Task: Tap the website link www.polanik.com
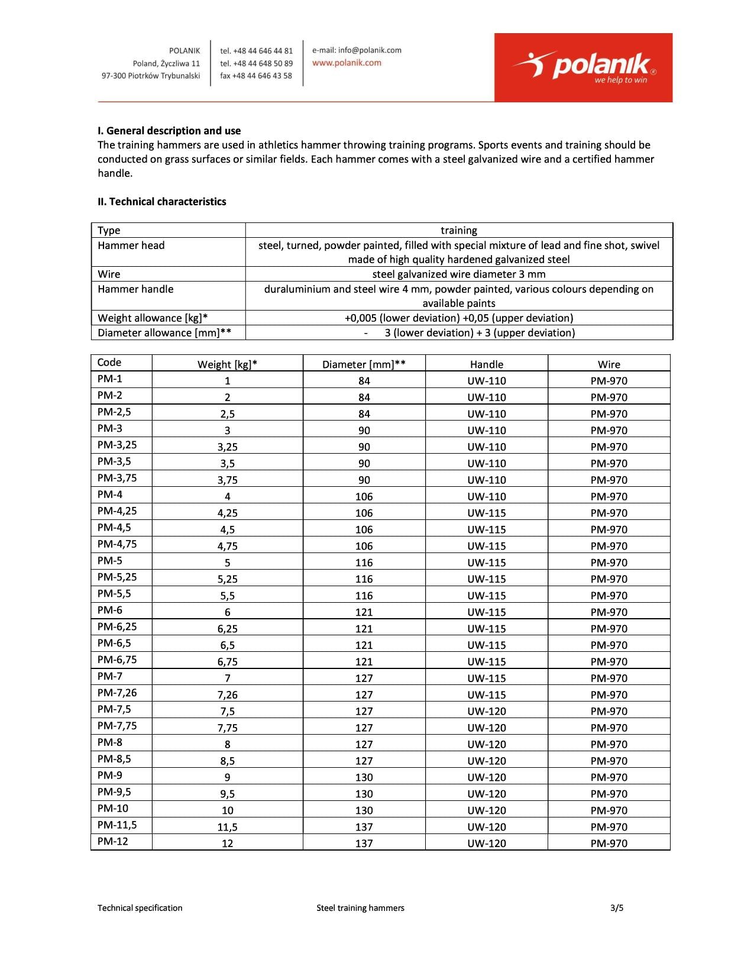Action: point(347,63)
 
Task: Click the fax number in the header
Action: point(256,76)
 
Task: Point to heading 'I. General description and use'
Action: point(169,131)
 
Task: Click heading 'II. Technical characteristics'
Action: point(162,202)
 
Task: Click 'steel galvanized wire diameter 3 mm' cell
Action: point(459,274)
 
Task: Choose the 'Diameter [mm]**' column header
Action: point(364,364)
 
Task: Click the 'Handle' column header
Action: point(487,364)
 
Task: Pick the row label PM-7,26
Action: point(117,693)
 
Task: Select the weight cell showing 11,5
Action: point(228,827)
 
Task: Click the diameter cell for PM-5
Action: point(364,563)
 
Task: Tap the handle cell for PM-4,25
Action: point(487,513)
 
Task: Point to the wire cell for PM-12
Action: point(609,844)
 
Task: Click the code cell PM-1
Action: point(110,379)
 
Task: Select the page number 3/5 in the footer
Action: point(617,908)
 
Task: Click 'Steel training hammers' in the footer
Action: point(360,908)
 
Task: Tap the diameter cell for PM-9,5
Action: point(364,794)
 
